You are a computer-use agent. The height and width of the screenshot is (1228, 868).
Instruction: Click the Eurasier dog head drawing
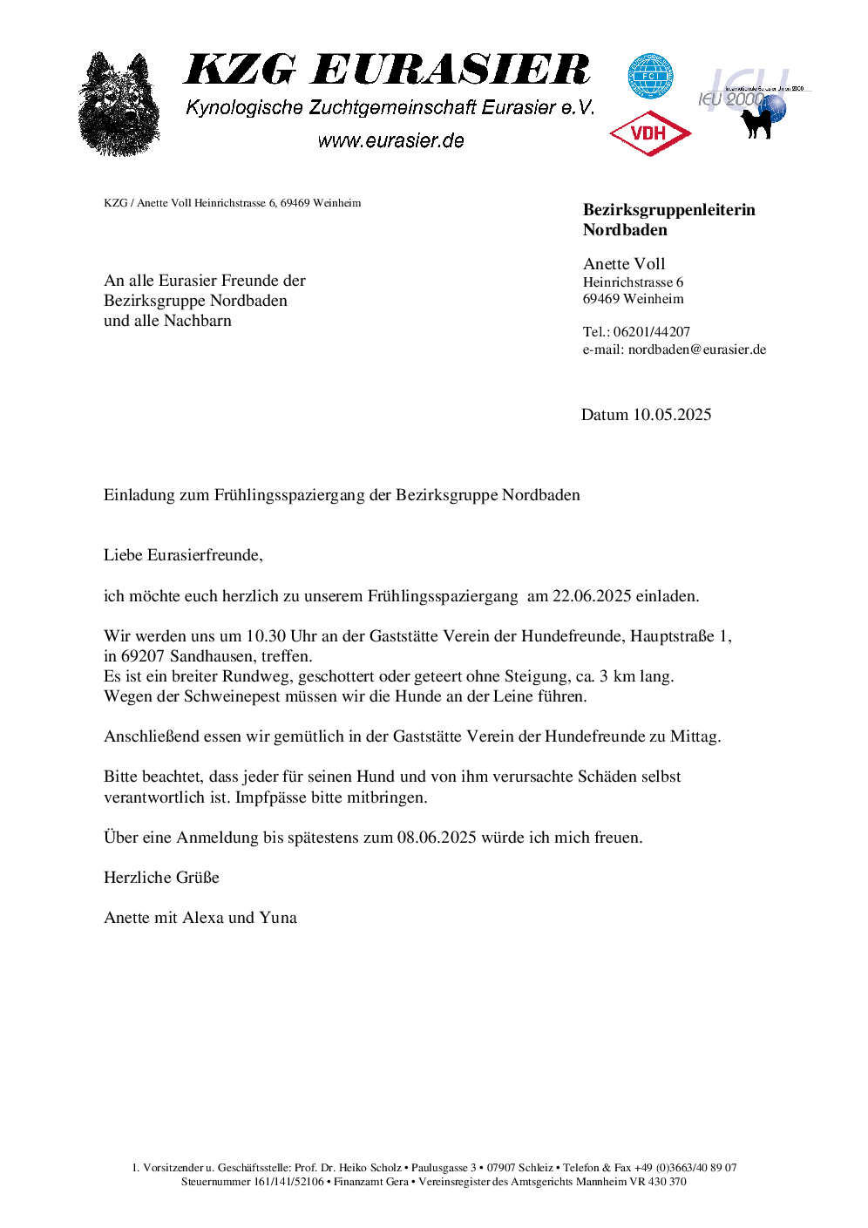pos(119,105)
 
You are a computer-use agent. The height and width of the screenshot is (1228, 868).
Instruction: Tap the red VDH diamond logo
pos(650,133)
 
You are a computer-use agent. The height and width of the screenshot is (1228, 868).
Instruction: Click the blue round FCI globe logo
pos(650,77)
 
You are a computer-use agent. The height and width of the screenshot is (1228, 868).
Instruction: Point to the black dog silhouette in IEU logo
pos(757,122)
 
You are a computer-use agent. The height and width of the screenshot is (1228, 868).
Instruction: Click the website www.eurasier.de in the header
pos(390,140)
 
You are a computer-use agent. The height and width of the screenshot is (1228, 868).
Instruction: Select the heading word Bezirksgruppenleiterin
pos(668,210)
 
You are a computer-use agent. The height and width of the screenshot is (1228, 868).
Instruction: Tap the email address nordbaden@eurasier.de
pos(697,349)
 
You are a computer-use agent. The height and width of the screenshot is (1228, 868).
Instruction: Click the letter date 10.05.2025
pos(672,415)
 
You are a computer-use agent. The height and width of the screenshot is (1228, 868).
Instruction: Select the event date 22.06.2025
pos(592,596)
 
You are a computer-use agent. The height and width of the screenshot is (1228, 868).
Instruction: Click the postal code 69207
pos(143,656)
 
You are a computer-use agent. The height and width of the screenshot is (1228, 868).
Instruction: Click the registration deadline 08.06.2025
pos(437,838)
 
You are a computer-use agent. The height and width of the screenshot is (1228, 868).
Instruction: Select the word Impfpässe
pos(271,797)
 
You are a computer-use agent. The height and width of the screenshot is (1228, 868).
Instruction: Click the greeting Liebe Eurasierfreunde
pos(182,555)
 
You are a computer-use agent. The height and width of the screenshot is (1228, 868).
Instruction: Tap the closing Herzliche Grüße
pos(161,878)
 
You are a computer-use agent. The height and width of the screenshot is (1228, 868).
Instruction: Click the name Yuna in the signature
pos(278,918)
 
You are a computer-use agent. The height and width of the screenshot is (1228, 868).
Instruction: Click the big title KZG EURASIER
pos(387,70)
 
